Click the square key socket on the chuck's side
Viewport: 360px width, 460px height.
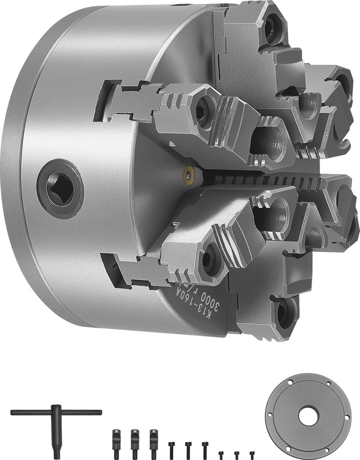click(60, 189)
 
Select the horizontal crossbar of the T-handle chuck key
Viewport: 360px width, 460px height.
click(56, 412)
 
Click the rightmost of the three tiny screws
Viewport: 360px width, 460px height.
click(252, 454)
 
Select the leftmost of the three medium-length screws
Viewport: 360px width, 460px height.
click(171, 449)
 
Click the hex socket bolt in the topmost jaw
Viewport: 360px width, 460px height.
click(271, 29)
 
